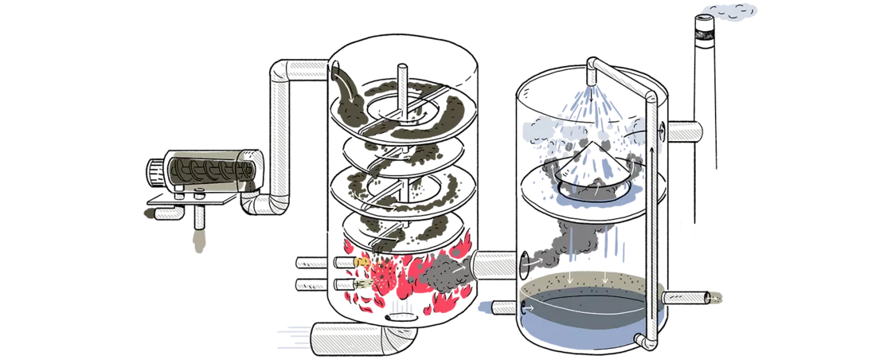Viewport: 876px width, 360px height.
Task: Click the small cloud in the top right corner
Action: pyautogui.click(x=728, y=11)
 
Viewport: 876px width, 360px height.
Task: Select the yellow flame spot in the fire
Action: pyautogui.click(x=360, y=262)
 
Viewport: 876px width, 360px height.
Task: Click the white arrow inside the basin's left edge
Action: pyautogui.click(x=531, y=306)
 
